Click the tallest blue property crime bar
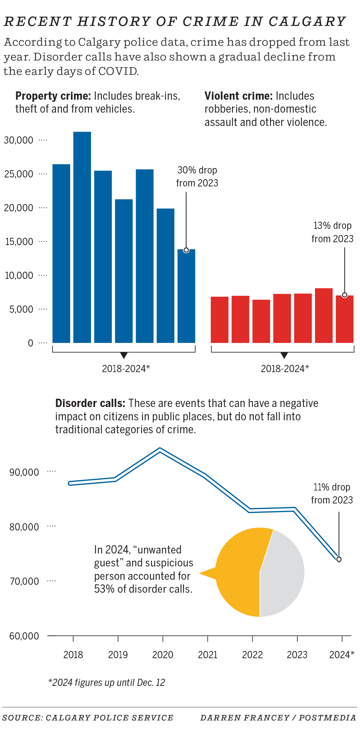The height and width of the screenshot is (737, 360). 82,238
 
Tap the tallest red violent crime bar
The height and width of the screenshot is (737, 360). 324,315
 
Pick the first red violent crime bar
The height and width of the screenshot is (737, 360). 220,320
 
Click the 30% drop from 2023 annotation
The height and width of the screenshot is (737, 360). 197,176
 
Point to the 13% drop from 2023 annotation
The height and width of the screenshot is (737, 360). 332,232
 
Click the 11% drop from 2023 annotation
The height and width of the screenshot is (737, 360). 332,493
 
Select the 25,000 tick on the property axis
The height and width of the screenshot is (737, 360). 18,174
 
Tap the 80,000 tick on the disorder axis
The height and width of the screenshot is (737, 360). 24,527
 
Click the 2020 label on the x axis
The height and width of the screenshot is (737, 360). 163,655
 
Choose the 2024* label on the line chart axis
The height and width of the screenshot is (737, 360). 342,655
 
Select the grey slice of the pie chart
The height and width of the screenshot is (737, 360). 284,572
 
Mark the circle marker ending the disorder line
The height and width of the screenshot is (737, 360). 339,559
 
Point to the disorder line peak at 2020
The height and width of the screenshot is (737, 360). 160,450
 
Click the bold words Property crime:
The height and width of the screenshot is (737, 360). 53,96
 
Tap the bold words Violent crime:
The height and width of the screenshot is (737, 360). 239,96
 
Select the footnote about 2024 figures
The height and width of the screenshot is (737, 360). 107,683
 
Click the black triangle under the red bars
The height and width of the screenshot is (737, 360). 284,355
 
